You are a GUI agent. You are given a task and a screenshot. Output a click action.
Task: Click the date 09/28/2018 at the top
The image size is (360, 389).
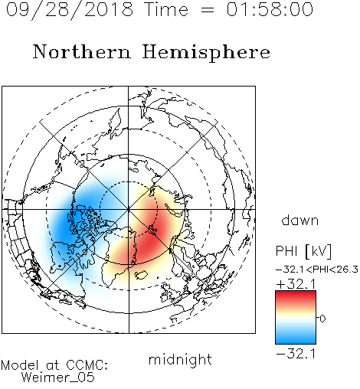70,10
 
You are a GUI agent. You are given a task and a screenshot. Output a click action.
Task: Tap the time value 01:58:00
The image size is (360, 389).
270,9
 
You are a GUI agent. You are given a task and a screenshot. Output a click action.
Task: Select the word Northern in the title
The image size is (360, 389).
81,52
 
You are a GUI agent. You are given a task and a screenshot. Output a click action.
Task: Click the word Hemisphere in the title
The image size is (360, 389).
206,53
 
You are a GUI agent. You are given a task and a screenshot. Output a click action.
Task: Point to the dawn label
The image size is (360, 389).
300,221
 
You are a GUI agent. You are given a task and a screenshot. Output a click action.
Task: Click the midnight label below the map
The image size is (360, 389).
180,359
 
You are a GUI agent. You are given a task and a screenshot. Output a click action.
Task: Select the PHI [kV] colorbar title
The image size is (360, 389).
303,251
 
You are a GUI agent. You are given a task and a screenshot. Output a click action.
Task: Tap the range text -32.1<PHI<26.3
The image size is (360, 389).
317,270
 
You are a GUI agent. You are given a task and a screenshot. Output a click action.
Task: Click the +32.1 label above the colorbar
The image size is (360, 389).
296,284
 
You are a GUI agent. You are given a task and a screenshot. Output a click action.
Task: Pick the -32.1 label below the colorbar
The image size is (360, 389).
296,354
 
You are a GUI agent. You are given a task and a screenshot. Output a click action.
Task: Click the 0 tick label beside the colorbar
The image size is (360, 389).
322,319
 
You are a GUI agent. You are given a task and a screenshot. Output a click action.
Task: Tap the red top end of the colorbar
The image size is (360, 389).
296,293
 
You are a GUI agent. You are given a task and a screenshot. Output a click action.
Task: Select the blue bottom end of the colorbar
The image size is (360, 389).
296,341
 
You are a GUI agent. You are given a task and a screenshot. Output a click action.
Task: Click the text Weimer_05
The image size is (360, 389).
58,378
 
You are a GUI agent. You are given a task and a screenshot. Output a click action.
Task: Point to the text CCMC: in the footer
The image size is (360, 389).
87,365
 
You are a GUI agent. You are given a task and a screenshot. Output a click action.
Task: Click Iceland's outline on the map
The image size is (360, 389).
141,275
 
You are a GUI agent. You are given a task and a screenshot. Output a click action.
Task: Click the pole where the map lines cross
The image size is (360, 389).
129,209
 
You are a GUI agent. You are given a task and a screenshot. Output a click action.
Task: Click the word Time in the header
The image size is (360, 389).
166,9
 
